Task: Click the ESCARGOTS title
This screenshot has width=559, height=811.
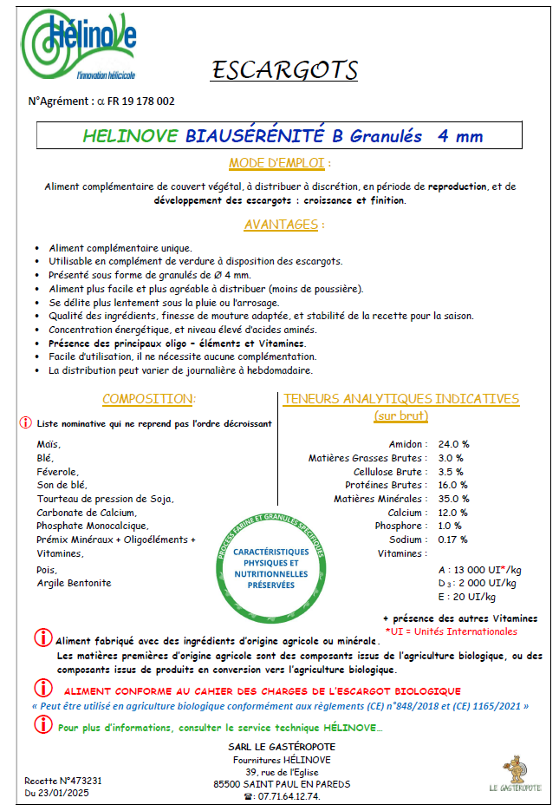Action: tap(284, 70)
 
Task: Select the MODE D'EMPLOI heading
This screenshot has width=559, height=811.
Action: tap(279, 163)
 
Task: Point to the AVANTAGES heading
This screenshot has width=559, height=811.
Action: tap(283, 224)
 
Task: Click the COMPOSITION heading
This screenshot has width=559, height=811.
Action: tap(149, 399)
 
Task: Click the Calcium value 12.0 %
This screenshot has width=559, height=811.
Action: tap(453, 513)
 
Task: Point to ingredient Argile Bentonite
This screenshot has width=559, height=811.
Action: tap(75, 583)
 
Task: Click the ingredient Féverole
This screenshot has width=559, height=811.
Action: tap(57, 471)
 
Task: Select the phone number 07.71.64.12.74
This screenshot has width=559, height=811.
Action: tap(283, 796)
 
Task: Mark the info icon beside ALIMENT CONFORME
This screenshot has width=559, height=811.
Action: tap(42, 689)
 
